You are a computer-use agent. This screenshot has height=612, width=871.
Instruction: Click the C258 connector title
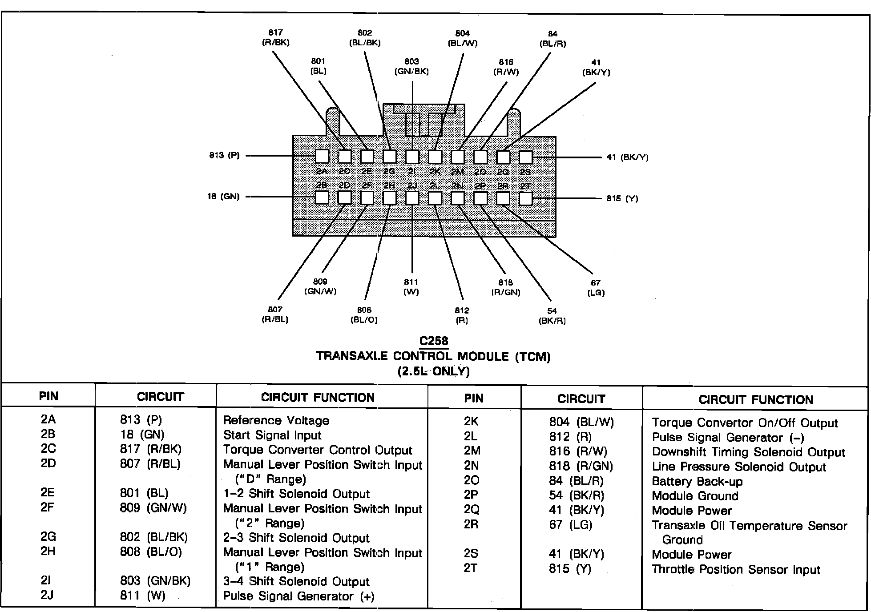tap(434, 341)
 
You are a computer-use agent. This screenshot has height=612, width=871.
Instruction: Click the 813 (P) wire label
tap(224, 156)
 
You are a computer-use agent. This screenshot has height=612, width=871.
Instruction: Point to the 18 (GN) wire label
tap(223, 197)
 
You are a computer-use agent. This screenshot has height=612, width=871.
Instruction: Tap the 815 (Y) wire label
tap(622, 198)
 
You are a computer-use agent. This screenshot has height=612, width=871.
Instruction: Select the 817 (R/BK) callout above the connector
tap(276, 38)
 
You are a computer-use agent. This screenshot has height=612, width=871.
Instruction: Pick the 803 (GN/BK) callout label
tap(411, 66)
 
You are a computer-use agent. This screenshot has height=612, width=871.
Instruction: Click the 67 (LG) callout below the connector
tap(596, 287)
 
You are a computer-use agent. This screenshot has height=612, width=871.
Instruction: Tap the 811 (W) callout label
tap(411, 287)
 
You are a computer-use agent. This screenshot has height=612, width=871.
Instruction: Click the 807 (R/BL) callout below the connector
tap(275, 314)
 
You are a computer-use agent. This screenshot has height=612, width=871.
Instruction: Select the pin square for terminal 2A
tap(322, 156)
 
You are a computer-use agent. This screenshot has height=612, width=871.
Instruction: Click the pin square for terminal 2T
tap(525, 198)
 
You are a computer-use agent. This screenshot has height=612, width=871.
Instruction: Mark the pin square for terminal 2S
tap(525, 157)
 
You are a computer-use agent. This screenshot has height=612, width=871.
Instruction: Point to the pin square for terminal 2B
tap(322, 197)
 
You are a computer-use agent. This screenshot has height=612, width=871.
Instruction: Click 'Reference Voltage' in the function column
tap(276, 420)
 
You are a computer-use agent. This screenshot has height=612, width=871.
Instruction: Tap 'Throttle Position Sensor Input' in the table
tap(736, 569)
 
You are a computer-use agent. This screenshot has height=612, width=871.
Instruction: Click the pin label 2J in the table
tap(47, 595)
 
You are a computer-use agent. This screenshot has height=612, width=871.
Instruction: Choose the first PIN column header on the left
tap(48, 396)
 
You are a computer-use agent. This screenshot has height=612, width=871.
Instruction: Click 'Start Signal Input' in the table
tap(272, 435)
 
